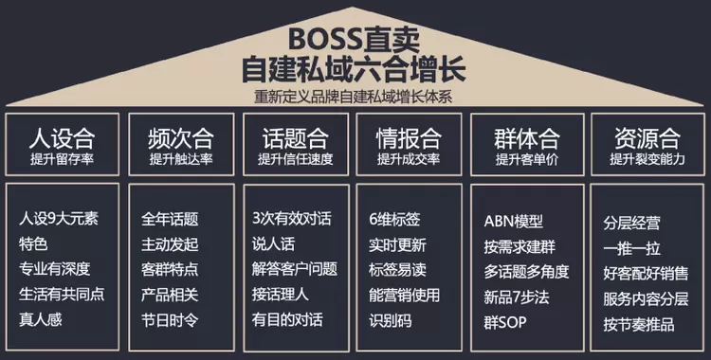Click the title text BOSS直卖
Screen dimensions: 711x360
click(x=355, y=39)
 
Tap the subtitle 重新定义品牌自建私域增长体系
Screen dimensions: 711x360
click(x=353, y=97)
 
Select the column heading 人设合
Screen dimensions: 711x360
click(x=63, y=138)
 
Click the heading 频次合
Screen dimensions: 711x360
click(x=180, y=138)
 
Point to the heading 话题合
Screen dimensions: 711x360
click(x=295, y=138)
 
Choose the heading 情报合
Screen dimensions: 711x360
click(x=409, y=138)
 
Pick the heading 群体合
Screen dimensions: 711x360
click(x=527, y=138)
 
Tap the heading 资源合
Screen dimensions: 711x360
click(x=647, y=138)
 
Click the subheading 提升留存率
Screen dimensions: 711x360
click(x=63, y=159)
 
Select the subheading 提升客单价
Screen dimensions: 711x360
click(x=527, y=159)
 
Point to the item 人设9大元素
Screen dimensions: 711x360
click(x=59, y=219)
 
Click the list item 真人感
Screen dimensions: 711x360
click(x=41, y=319)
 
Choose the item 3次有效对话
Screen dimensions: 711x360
click(x=292, y=219)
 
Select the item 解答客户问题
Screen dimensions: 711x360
click(x=295, y=269)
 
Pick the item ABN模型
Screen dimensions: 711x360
click(x=513, y=222)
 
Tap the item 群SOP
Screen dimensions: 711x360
click(x=505, y=323)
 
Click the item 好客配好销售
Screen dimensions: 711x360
click(x=646, y=274)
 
